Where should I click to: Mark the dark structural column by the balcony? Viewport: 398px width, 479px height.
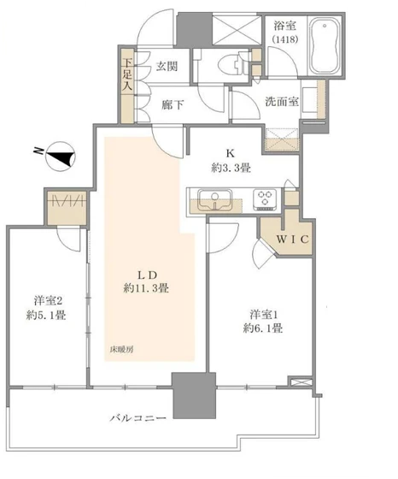186,395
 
